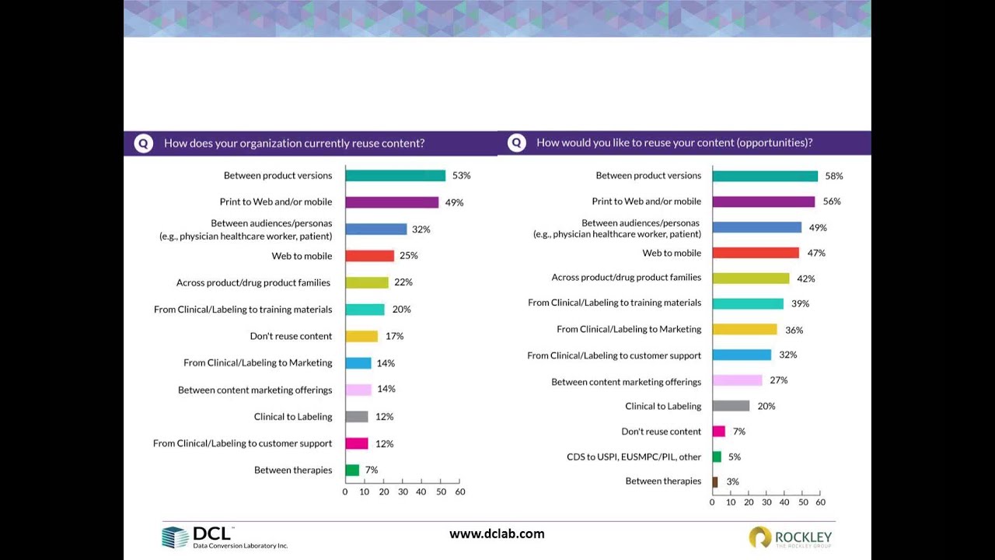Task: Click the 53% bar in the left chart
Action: tap(395, 176)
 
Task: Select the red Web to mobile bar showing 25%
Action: tap(369, 256)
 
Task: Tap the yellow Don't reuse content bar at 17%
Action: tap(361, 336)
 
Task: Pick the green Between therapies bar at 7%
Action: tap(352, 470)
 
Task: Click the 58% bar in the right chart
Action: tap(765, 176)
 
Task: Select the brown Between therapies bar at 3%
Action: tap(715, 481)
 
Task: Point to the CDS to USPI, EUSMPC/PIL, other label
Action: tap(634, 457)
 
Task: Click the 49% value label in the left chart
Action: tap(454, 202)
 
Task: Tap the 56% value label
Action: tap(832, 201)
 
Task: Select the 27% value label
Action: tap(778, 380)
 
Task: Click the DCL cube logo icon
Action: tap(175, 537)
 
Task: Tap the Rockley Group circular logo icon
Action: tap(759, 537)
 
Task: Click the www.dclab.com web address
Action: tap(497, 534)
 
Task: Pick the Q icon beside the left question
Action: tap(144, 144)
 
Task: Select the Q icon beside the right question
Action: tap(516, 143)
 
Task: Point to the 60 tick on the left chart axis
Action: tap(459, 492)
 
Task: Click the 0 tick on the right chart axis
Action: tap(712, 502)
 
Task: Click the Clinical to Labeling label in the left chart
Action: tap(292, 417)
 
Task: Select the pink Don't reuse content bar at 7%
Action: tap(718, 431)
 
